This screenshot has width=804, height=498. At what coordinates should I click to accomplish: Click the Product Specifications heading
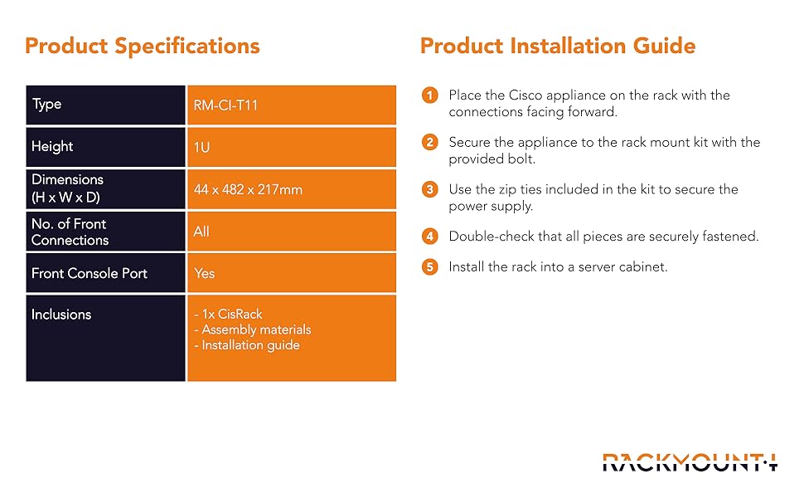pyautogui.click(x=143, y=46)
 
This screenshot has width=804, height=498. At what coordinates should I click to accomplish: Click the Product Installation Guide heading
pyautogui.click(x=558, y=46)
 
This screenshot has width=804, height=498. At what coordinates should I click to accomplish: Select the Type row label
pyautogui.click(x=46, y=105)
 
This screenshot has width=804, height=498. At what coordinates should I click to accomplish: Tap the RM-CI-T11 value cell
pyautogui.click(x=292, y=105)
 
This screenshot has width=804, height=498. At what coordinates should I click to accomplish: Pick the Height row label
pyautogui.click(x=52, y=146)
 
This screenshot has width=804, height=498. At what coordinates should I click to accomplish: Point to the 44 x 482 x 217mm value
pyautogui.click(x=248, y=189)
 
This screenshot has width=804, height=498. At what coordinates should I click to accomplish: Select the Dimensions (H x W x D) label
pyautogui.click(x=67, y=188)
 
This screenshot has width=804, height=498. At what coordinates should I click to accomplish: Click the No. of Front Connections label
pyautogui.click(x=70, y=232)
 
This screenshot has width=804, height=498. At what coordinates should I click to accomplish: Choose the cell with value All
pyautogui.click(x=292, y=232)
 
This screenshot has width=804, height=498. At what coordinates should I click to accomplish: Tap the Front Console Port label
pyautogui.click(x=90, y=273)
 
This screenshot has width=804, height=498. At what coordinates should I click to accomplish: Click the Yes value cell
pyautogui.click(x=292, y=273)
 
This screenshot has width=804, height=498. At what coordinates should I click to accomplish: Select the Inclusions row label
pyautogui.click(x=61, y=315)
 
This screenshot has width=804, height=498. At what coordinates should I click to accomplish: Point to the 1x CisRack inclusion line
pyautogui.click(x=228, y=314)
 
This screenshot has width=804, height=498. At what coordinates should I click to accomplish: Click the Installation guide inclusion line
pyautogui.click(x=247, y=345)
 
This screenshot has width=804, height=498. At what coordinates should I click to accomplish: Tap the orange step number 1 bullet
pyautogui.click(x=429, y=95)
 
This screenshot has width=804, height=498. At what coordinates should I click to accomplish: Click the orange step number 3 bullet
pyautogui.click(x=429, y=189)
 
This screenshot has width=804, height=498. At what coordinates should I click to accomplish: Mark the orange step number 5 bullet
pyautogui.click(x=429, y=267)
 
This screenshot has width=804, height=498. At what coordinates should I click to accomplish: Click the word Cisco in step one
pyautogui.click(x=525, y=95)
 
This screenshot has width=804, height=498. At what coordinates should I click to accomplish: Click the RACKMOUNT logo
pyautogui.click(x=690, y=462)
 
